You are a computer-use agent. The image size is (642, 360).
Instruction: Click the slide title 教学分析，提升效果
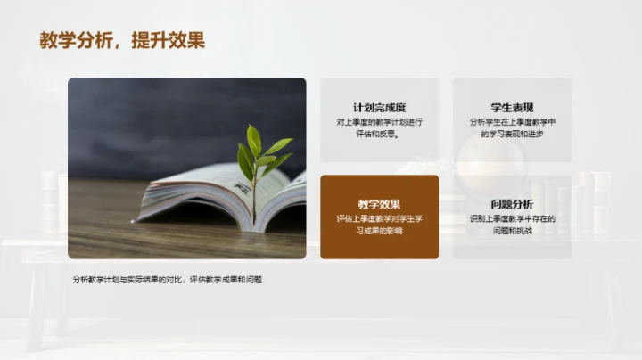(122, 40)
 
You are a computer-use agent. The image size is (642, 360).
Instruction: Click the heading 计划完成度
(379, 108)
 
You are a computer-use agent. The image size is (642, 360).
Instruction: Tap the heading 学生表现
(512, 108)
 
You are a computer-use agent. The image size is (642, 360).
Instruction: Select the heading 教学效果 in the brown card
(379, 204)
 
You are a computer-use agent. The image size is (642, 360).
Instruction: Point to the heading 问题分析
(512, 204)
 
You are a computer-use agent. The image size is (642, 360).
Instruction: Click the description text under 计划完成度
(379, 128)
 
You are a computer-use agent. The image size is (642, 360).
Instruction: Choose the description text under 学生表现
(512, 128)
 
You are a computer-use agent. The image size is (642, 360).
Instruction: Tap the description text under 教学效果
(379, 225)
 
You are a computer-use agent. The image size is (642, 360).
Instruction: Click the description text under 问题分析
(512, 225)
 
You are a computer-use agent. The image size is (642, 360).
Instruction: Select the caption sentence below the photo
(168, 280)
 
